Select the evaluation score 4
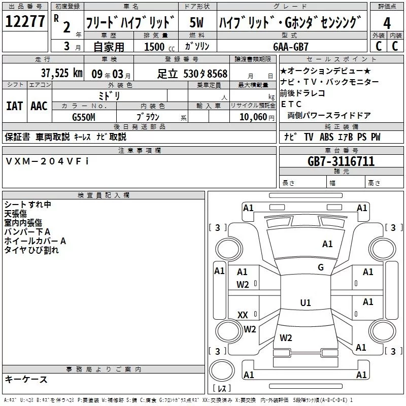tap(387, 23)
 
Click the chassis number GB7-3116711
tap(341, 161)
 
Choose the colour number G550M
tap(84, 117)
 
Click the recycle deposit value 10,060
tap(252, 117)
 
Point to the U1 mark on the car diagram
tap(305, 303)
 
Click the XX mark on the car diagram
tap(243, 315)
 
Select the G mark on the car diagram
tap(320, 267)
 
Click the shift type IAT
tap(14, 106)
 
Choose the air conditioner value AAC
tap(39, 106)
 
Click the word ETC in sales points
tap(291, 104)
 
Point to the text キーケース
tap(26, 379)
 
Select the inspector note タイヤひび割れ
tap(31, 250)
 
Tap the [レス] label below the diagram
tap(221, 388)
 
